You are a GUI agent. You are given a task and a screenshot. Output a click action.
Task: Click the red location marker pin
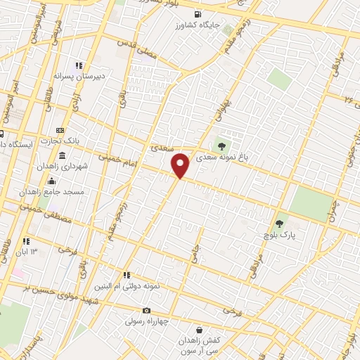(x=181, y=165)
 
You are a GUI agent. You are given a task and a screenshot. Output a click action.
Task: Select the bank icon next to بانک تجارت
(x=59, y=130)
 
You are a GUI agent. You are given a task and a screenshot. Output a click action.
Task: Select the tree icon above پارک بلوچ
(x=281, y=223)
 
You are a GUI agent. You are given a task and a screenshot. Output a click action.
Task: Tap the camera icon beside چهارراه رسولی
(x=146, y=310)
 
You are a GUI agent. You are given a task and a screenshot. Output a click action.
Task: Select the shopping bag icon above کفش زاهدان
(x=200, y=328)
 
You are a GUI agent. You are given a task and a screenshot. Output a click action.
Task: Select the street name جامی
(x=196, y=245)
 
